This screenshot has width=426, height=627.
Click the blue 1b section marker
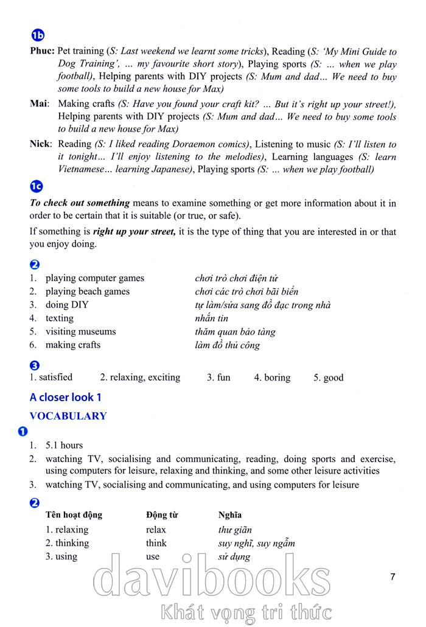pos(38,36)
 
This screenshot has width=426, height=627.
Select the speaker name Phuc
pos(43,52)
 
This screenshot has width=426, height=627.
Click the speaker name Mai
pos(40,104)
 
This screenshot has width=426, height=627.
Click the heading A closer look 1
pos(66,398)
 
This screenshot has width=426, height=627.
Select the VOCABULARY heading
pos(68,416)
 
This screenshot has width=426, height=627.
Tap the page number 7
pos(393,576)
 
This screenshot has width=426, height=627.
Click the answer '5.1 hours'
pos(64,445)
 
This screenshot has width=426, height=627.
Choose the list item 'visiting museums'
pos(80,332)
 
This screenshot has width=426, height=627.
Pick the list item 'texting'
pos(59,318)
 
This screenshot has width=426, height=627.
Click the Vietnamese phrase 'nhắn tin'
pos(211,318)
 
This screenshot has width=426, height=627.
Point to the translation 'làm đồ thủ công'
pos(227,345)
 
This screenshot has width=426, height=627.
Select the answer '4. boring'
pos(272,377)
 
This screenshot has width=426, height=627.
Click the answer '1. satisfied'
pos(51,377)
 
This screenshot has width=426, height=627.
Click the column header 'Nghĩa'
pos(230,515)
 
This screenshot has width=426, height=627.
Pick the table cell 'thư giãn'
pos(235,530)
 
